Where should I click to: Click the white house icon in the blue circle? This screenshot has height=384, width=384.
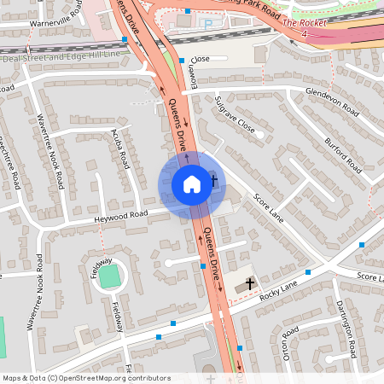[191, 183]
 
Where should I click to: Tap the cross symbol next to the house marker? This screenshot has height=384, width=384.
[214, 181]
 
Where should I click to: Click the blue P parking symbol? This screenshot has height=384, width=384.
[208, 25]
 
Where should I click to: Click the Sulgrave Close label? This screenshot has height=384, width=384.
[235, 119]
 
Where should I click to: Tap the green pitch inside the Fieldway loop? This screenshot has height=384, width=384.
[109, 276]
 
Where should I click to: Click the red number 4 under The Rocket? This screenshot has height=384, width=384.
[304, 33]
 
